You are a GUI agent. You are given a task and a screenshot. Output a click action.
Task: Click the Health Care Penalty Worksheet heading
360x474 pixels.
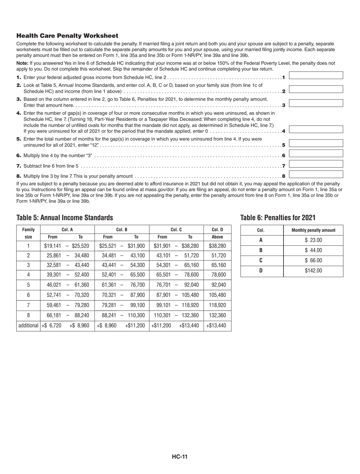[67, 36]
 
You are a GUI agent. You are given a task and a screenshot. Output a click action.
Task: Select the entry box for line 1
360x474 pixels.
[316, 75]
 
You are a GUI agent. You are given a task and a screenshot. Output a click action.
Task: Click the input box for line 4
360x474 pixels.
[316, 129]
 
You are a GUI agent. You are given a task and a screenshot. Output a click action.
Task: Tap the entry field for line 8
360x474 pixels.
[316, 175]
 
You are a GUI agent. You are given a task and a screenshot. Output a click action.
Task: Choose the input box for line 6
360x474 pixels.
[316, 154]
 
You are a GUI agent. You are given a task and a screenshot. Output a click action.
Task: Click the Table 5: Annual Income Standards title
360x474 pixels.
[64, 218]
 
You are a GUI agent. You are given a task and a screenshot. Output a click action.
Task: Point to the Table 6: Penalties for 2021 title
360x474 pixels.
[278, 218]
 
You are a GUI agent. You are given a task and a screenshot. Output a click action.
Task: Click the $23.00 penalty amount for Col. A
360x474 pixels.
[313, 240]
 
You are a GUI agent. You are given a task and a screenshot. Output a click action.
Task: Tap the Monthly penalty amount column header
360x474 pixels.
[313, 230]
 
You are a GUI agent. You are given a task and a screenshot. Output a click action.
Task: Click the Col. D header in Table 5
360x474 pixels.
[217, 229]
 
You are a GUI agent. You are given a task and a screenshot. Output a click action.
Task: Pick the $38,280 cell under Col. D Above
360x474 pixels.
[217, 246]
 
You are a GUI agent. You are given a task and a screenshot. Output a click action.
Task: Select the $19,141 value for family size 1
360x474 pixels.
[52, 246]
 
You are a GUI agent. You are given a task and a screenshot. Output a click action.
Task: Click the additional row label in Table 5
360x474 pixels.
[28, 325]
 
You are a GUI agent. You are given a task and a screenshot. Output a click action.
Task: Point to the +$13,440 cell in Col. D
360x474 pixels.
[217, 325]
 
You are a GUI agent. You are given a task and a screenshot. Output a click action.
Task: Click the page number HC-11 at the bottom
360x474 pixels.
[180, 457]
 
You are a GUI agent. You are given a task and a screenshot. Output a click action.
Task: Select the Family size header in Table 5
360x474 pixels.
[28, 233]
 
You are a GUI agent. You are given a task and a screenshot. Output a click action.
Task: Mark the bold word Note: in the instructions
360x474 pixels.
[22, 63]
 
